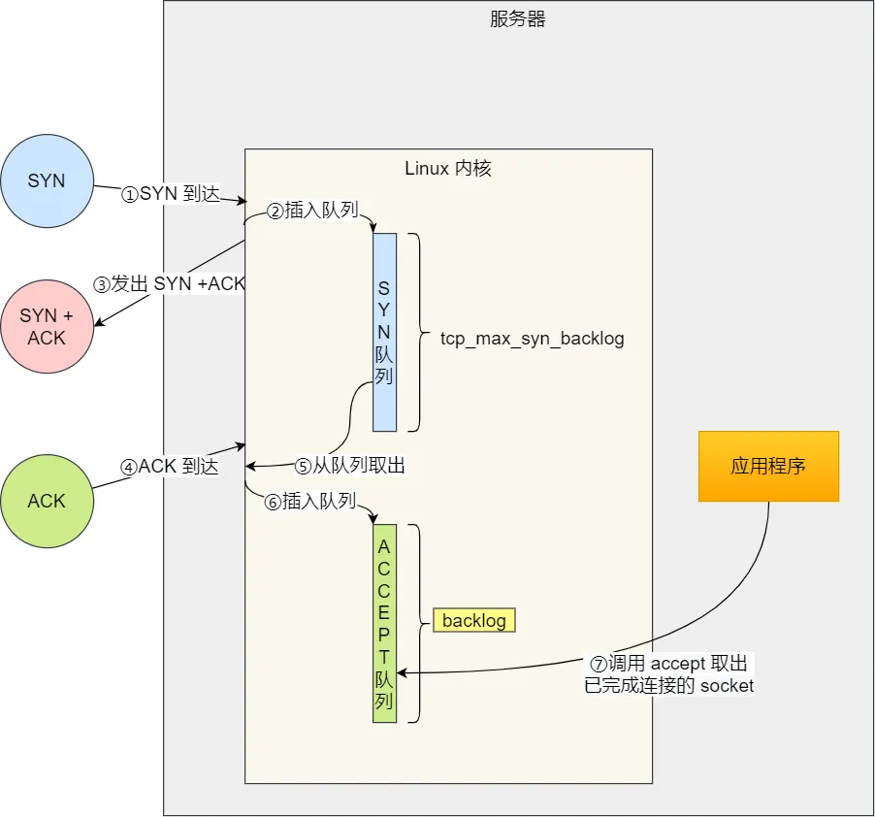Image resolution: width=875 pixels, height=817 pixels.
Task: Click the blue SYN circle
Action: pos(47,181)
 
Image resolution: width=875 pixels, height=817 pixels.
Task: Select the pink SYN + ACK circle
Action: pos(47,326)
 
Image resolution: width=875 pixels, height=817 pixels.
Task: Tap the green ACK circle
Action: pos(47,501)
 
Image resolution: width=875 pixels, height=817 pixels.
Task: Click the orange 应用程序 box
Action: pos(768,466)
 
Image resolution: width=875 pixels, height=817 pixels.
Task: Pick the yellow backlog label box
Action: pos(474,620)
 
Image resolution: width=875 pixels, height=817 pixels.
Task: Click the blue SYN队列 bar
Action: pos(384,332)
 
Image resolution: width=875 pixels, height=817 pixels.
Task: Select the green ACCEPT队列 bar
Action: pos(384,623)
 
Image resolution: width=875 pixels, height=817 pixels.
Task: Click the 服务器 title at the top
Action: pos(518,19)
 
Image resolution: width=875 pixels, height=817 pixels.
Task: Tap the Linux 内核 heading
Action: pos(447,169)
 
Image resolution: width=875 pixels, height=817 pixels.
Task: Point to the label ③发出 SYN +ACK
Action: pos(170,284)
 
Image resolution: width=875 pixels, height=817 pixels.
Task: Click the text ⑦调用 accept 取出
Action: pos(669,665)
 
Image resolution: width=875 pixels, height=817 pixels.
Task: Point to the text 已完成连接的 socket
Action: pos(669,686)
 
